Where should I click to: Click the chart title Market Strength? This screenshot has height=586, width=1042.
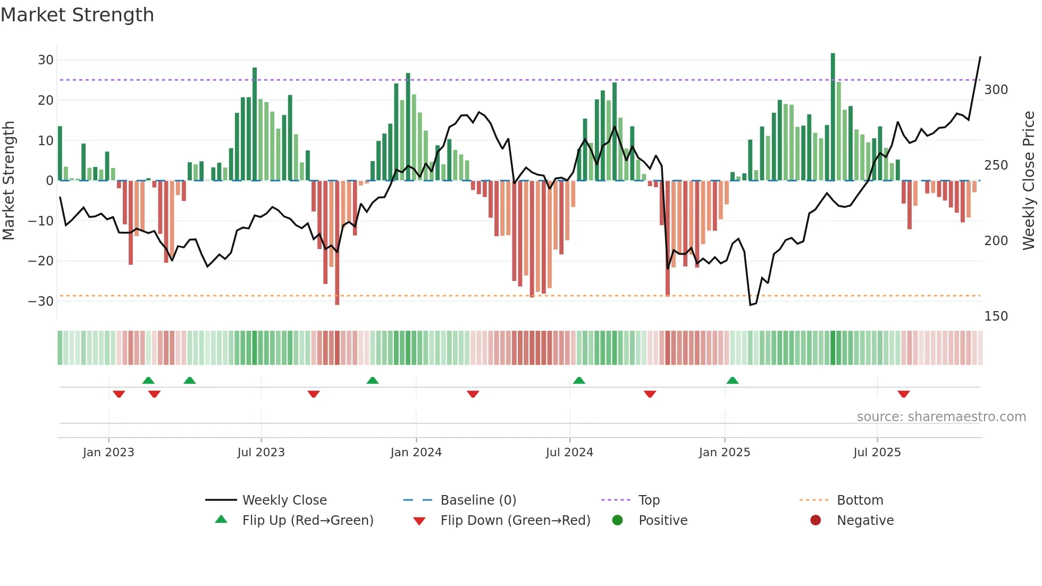(77, 15)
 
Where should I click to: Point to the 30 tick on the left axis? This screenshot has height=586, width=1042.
(46, 60)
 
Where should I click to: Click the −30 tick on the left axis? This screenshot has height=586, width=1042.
(41, 301)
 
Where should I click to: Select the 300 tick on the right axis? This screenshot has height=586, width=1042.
(996, 90)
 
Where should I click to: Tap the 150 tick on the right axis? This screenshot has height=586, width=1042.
(996, 316)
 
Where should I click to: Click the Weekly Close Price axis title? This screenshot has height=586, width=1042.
(1029, 181)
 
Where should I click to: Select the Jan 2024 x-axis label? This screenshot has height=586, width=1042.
(416, 453)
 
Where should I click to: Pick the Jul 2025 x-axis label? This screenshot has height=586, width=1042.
(877, 453)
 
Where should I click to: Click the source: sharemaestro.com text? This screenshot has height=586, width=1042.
(941, 417)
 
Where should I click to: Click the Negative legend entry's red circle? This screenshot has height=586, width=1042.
(816, 521)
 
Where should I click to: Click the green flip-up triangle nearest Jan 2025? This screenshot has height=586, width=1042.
(732, 381)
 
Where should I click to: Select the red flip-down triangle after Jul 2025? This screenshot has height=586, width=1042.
(903, 394)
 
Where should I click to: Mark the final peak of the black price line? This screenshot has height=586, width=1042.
(980, 57)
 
